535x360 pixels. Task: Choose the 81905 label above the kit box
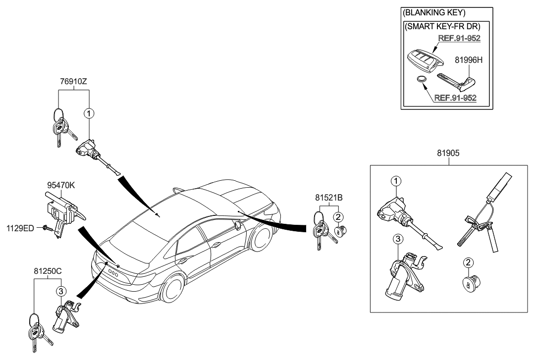(449, 154)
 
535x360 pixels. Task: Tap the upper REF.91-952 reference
(459, 37)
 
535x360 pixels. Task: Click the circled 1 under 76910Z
(89, 113)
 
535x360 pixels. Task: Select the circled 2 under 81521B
(338, 216)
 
